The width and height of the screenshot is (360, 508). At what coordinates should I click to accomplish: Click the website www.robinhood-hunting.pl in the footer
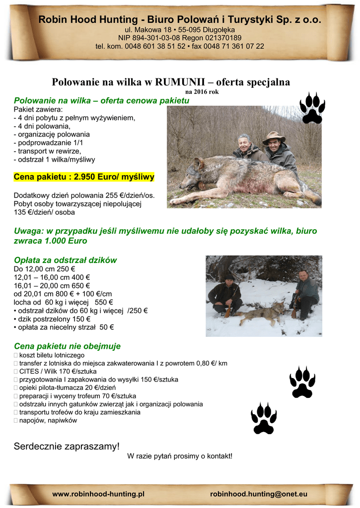pos(98,494)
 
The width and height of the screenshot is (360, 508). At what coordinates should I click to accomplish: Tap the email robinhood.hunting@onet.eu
pos(259,494)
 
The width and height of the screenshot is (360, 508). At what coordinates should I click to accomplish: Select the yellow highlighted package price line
pos(84,177)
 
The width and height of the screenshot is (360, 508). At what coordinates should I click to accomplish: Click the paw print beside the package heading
pos(312,108)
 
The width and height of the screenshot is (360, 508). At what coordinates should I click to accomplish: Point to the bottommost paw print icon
pos(264,419)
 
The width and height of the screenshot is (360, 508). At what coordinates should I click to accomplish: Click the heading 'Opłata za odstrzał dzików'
pos(65,260)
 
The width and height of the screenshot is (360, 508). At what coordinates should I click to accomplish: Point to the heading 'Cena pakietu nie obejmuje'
pos(67,346)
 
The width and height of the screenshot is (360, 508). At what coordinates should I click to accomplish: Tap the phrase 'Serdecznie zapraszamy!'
pos(67,446)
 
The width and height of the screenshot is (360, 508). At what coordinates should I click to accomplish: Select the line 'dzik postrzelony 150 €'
pos(49,319)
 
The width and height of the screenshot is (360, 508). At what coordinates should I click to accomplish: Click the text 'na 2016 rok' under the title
pos(202,92)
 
